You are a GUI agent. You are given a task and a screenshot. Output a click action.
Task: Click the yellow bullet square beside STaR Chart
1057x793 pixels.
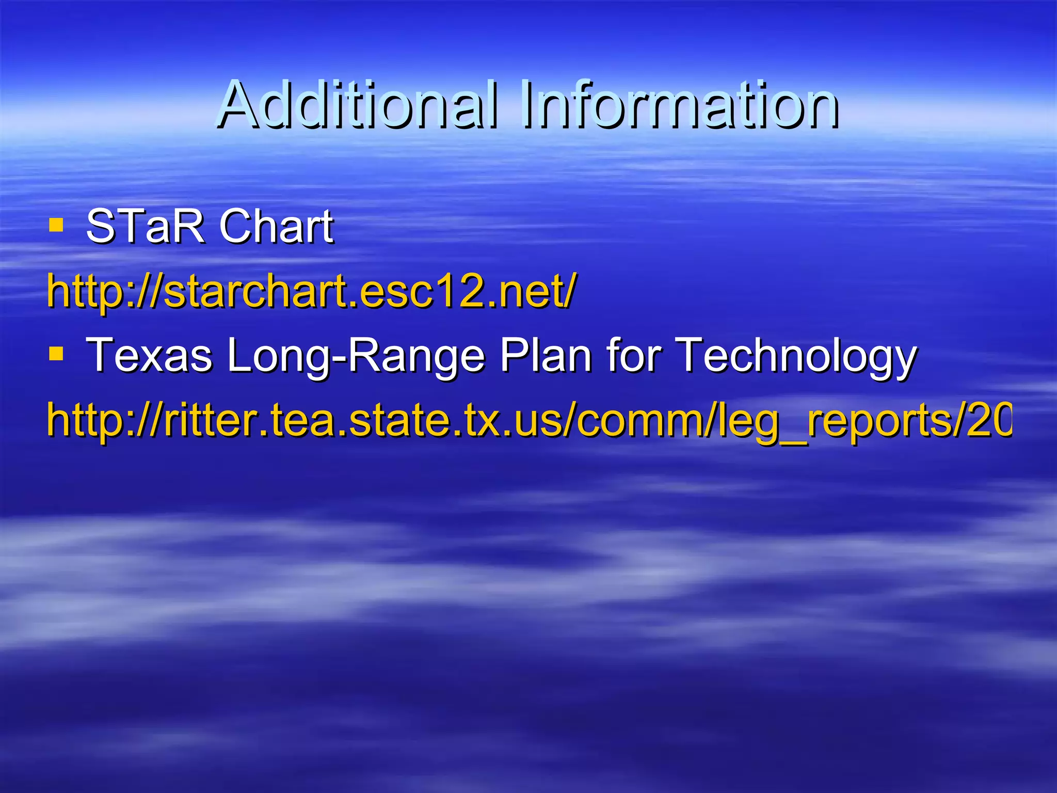click(56, 225)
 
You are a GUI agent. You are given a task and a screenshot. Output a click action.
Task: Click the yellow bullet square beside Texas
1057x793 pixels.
click(56, 354)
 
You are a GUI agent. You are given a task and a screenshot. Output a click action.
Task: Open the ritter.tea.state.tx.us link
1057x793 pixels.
click(526, 421)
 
